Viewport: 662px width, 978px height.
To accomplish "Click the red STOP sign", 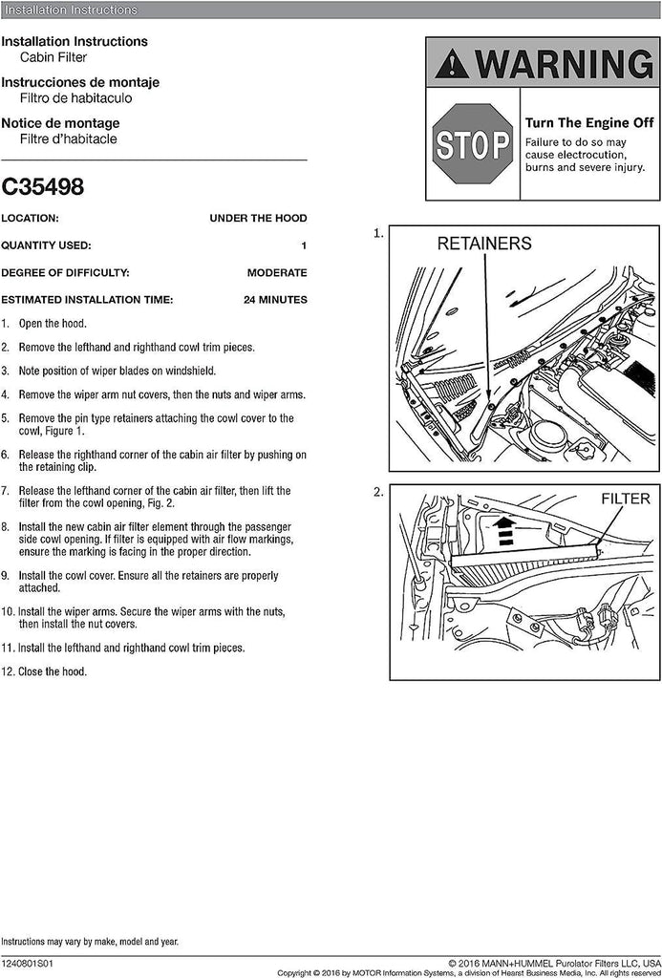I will click(x=473, y=144).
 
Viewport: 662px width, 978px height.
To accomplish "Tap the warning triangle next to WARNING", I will click(x=451, y=65).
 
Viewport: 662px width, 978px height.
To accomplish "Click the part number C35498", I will click(x=42, y=186).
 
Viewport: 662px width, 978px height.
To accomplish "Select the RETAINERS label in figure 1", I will click(x=484, y=244).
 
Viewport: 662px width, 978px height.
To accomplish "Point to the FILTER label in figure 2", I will click(x=626, y=499).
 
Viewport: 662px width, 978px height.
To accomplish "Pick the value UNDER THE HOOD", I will click(x=258, y=219).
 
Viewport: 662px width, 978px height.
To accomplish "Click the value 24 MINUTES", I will click(x=275, y=300).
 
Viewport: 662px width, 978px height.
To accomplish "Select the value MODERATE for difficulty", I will click(x=276, y=273).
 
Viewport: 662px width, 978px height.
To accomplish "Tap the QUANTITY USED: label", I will click(x=46, y=246).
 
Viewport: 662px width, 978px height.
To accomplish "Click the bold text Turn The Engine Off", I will click(x=589, y=123).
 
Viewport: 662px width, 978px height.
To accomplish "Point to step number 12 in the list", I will click(x=8, y=671).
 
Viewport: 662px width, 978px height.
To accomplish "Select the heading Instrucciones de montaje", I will click(x=80, y=83).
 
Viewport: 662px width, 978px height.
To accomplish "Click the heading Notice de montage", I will click(x=60, y=123).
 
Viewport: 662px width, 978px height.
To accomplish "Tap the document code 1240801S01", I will click(x=29, y=965).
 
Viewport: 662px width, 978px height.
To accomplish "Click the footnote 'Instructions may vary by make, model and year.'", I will click(x=90, y=942).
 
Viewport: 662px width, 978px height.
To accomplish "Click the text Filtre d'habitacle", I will click(x=68, y=138).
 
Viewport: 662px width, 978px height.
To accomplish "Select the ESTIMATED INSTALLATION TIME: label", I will click(x=87, y=300).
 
